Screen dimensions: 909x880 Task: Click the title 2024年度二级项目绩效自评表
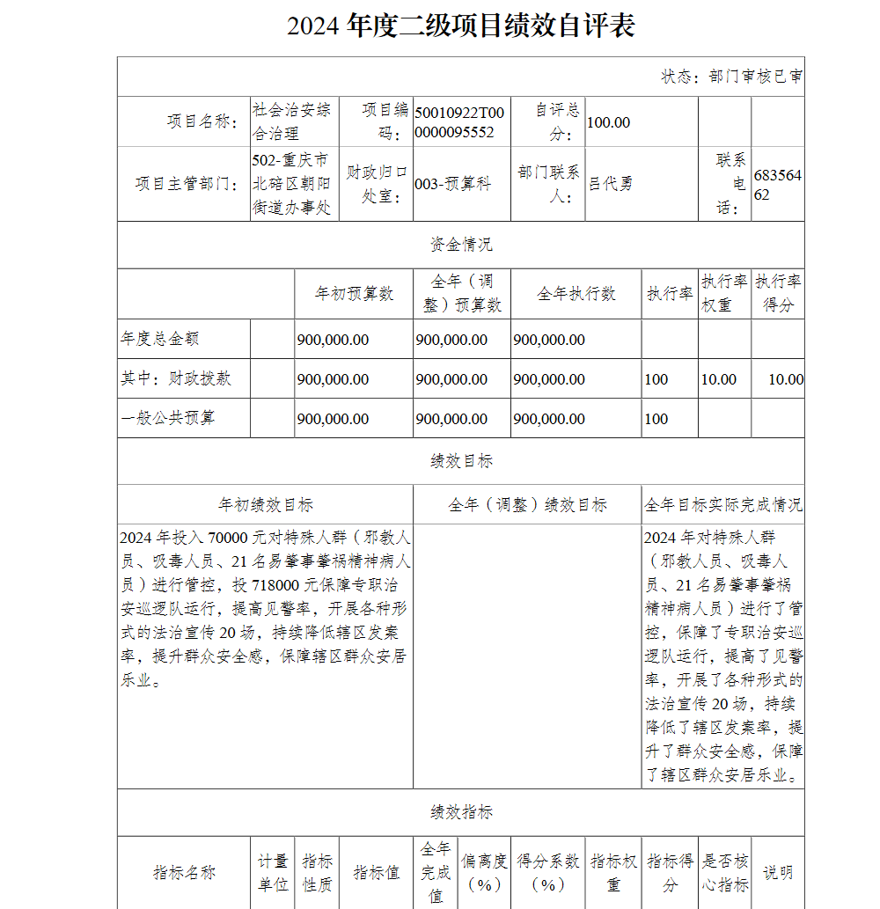pos(461,26)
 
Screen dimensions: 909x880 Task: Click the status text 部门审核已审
pos(731,77)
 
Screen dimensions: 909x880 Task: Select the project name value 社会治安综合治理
pos(291,121)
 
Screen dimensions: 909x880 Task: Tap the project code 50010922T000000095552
pos(459,122)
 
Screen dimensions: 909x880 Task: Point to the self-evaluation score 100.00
pos(608,122)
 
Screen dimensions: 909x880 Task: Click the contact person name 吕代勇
pos(610,184)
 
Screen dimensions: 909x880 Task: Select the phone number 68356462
pos(777,185)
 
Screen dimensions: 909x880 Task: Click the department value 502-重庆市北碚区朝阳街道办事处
pos(291,184)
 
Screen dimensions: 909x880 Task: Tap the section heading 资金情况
pos(460,245)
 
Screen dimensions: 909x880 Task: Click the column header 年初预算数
pos(354,294)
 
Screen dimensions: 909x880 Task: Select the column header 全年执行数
pos(576,294)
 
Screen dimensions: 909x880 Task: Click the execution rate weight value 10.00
pos(718,379)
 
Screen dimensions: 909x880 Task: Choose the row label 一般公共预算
pos(167,418)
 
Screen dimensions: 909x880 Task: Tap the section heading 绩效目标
pos(460,461)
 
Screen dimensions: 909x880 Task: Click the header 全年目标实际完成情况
pos(722,505)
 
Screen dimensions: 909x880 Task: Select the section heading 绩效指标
pos(460,812)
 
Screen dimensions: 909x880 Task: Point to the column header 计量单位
pos(273,872)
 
